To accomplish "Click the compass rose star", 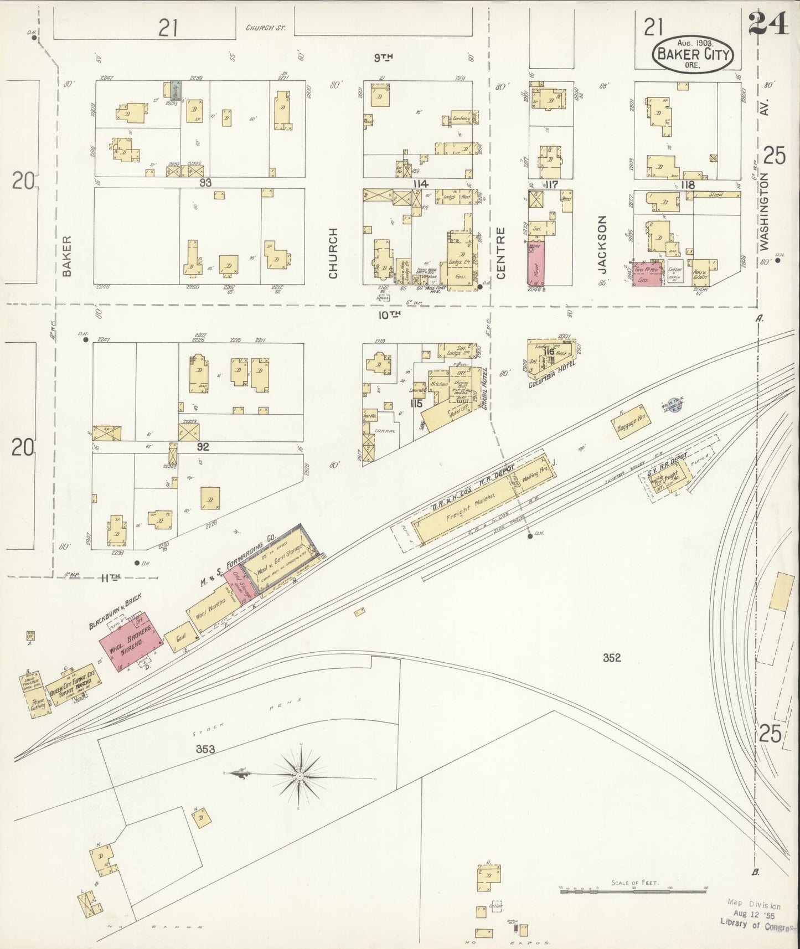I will [x=300, y=776].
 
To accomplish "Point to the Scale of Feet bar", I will [x=633, y=890].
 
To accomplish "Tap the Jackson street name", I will [x=602, y=244].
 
